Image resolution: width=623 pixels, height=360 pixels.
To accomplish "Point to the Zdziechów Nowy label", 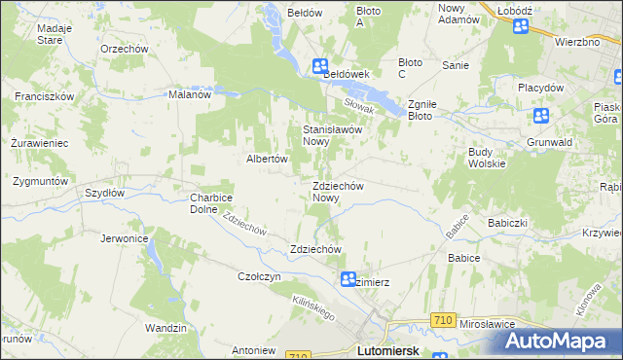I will [338, 192].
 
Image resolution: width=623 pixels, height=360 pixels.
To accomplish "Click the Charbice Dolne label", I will [210, 202].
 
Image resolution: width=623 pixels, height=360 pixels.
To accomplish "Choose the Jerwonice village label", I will [124, 237].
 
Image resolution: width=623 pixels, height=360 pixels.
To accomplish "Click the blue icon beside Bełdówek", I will [320, 66].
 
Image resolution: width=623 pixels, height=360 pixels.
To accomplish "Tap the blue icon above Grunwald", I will [542, 117].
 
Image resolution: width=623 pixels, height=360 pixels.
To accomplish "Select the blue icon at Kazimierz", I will [348, 280].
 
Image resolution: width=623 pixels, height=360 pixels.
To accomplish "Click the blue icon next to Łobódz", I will [520, 27].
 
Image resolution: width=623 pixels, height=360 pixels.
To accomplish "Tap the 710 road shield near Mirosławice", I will [444, 320].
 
